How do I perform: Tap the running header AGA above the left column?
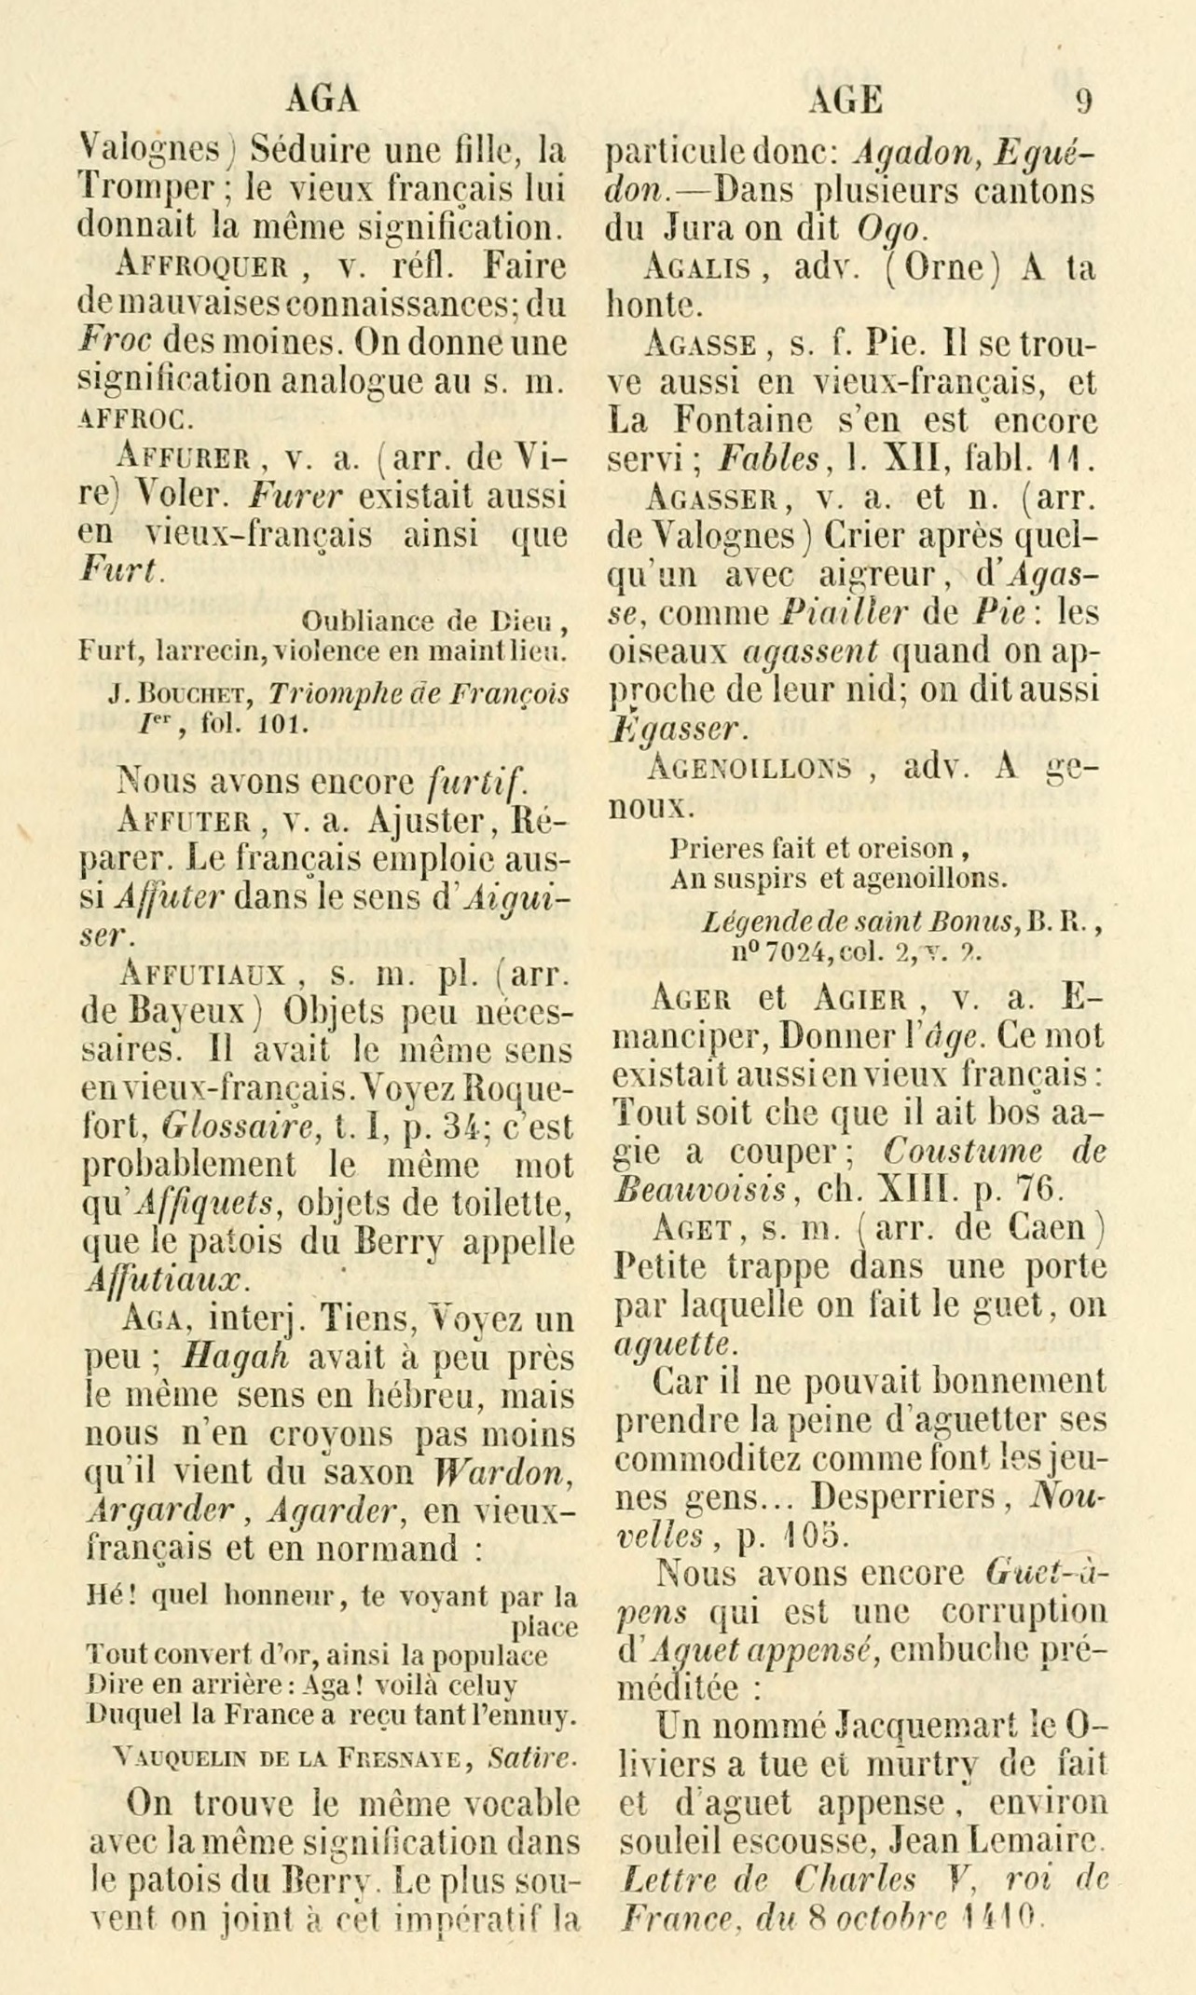click(x=323, y=100)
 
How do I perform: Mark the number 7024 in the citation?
click(x=797, y=952)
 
